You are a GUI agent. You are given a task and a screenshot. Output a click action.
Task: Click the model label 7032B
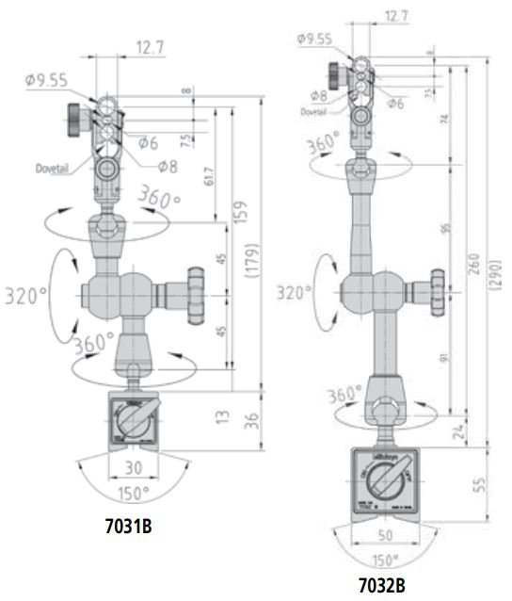(x=380, y=586)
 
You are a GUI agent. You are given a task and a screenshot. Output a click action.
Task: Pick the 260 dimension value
(x=473, y=268)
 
